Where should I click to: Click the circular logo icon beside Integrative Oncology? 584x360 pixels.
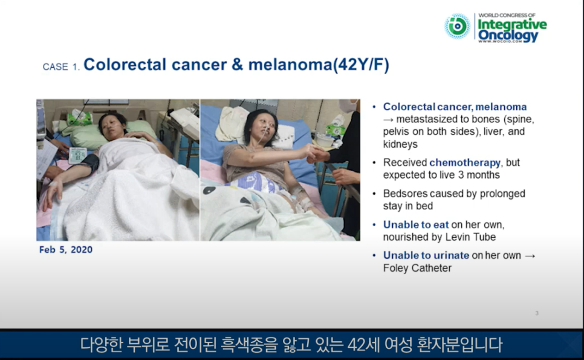pos(457,26)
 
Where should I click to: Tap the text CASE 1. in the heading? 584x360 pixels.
pos(61,67)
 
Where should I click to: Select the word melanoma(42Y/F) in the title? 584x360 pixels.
pos(319,65)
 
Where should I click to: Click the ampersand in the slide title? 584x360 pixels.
pos(237,65)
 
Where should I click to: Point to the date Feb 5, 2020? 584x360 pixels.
pos(66,250)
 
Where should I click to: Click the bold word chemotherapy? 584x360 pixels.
pos(465,163)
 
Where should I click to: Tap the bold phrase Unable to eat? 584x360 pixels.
pos(416,224)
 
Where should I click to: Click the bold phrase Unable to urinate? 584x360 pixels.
pos(426,255)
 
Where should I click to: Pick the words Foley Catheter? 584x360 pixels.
pos(417,268)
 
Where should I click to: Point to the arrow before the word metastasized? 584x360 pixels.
pos(388,120)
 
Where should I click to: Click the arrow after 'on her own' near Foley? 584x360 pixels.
pos(530,256)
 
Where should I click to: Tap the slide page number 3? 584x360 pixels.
pos(537,313)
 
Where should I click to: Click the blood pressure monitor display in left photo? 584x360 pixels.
pos(77,155)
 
